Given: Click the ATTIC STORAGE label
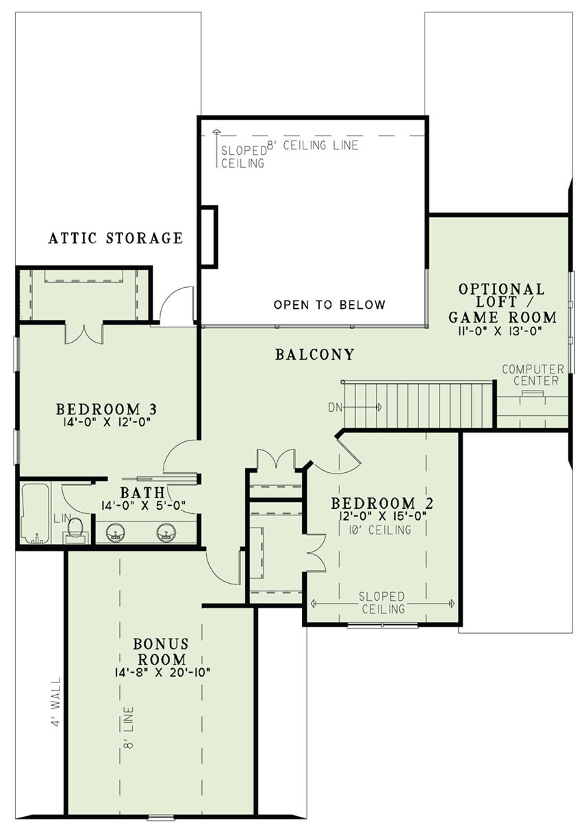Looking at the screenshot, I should [x=116, y=238].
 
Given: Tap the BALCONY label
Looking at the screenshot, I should [x=315, y=355].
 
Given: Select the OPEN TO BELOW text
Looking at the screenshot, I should [x=329, y=305].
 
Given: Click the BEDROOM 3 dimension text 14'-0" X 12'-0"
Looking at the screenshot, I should [x=106, y=422].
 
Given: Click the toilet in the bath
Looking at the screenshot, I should [x=75, y=528].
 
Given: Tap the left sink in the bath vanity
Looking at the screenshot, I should [x=117, y=532].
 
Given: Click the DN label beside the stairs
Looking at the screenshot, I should [x=335, y=407].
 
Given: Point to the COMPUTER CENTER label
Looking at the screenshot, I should [x=533, y=375].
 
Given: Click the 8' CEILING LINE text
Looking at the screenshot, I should [x=312, y=145].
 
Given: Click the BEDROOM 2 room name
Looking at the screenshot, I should [x=384, y=504].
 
